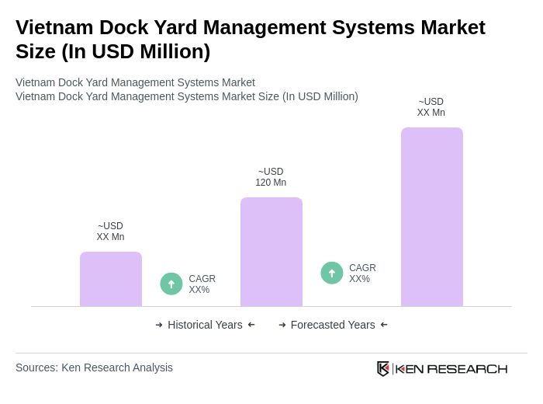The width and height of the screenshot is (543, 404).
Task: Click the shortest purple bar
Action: [111, 279]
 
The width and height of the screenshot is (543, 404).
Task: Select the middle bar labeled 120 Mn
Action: [271, 252]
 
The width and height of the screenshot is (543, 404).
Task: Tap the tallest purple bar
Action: [431, 217]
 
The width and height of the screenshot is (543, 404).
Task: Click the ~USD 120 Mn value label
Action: [271, 177]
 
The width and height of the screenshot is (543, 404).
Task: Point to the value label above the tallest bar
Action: [431, 107]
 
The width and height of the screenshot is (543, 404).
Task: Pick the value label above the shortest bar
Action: [111, 232]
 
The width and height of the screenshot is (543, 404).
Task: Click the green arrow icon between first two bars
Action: [171, 284]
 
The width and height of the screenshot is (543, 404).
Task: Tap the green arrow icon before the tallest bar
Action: [332, 273]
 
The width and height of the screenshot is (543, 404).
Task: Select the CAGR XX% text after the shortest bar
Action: [202, 284]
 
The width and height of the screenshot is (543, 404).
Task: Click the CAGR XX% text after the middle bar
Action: [362, 273]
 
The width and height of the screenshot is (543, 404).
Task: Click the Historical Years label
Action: [205, 325]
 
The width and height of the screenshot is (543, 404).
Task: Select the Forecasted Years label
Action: [333, 325]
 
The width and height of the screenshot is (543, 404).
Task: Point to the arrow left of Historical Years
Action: [159, 325]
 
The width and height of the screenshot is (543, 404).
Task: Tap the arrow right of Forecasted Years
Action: [384, 325]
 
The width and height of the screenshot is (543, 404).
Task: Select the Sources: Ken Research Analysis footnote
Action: [94, 367]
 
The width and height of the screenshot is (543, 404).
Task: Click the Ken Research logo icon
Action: [383, 368]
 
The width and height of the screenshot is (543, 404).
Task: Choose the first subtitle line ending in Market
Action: [135, 82]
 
